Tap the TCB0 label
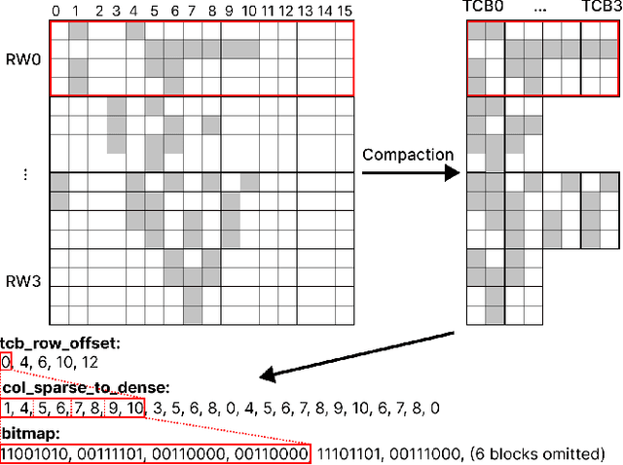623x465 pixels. click(480, 9)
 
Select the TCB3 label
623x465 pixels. click(601, 9)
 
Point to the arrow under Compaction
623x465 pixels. click(409, 173)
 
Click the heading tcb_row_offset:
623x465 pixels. click(59, 343)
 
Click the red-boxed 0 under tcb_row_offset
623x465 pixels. click(7, 361)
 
